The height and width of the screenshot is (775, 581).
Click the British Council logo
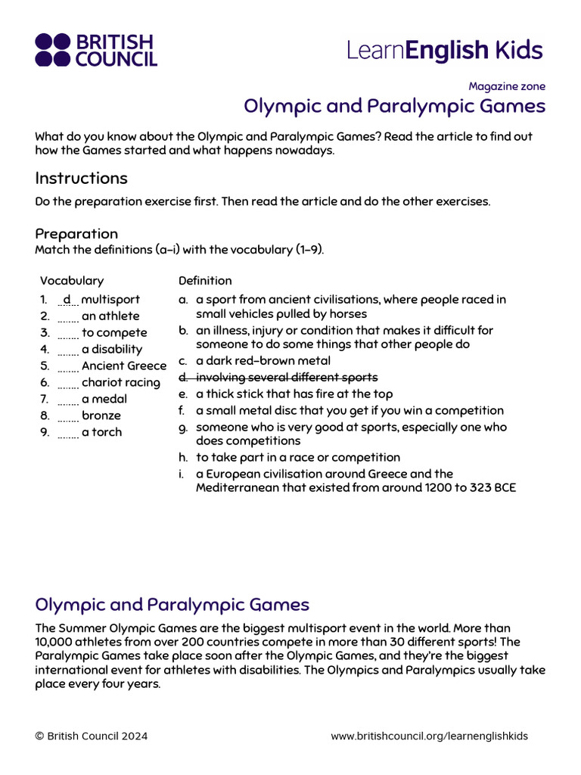96,50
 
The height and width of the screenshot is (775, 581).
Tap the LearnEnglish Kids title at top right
445,51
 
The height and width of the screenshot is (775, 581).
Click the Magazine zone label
506,86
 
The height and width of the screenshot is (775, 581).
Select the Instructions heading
82,179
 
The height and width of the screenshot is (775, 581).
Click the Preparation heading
76,234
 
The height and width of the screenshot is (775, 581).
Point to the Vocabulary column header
72,281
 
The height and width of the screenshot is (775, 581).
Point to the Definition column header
205,281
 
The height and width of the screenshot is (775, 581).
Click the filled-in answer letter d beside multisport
67,300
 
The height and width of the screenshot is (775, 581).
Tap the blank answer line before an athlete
67,316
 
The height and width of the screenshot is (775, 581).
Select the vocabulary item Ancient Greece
123,366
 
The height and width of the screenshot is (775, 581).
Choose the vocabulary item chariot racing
120,383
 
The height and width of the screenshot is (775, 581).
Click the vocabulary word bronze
101,416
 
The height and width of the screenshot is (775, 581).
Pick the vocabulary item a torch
101,433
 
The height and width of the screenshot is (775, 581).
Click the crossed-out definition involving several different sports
286,378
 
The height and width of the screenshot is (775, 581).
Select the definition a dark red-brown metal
263,361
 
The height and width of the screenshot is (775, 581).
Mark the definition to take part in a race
297,458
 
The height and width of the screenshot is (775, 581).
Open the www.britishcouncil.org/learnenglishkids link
429,736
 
